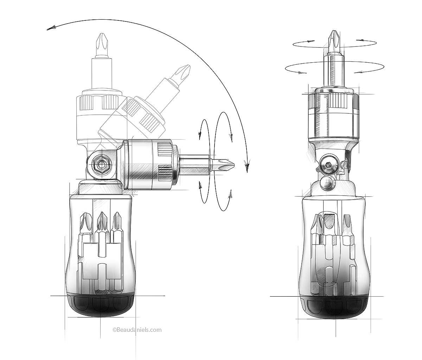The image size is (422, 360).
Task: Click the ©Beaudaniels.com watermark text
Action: point(137,330)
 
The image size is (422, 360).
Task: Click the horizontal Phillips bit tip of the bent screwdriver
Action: point(227,164)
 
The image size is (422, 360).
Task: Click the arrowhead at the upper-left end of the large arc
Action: point(51,28)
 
